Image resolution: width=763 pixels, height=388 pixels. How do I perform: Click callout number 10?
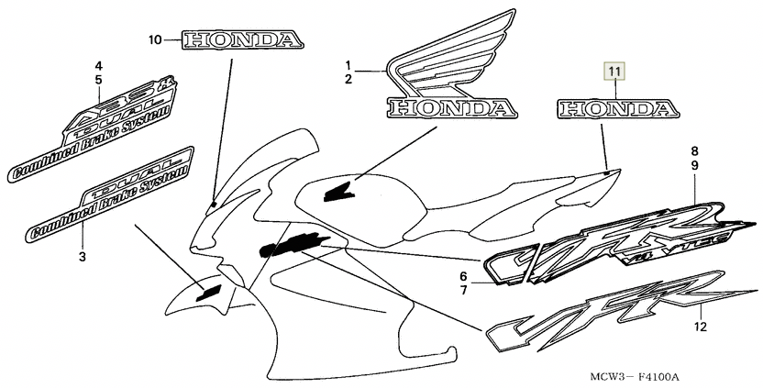(x=154, y=39)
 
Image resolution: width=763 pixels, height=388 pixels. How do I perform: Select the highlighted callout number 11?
(x=614, y=70)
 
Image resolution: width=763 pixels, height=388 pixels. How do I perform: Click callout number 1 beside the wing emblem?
(x=348, y=64)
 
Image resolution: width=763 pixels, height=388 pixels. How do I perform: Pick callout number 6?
(x=463, y=276)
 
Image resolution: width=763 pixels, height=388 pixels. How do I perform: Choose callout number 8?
(x=695, y=150)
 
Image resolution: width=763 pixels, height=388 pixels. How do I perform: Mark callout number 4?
(x=99, y=65)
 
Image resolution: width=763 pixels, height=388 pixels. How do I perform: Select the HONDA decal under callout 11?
(x=614, y=110)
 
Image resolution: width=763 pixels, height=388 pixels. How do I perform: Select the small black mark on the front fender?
(x=210, y=292)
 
